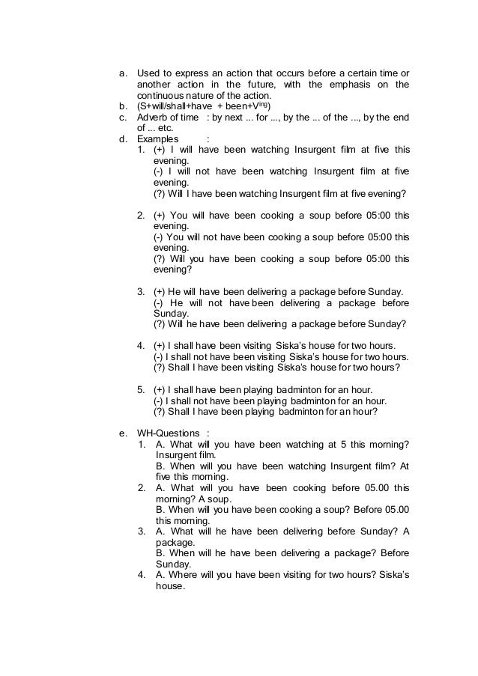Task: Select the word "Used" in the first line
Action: [x=148, y=73]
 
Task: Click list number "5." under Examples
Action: [x=141, y=389]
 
